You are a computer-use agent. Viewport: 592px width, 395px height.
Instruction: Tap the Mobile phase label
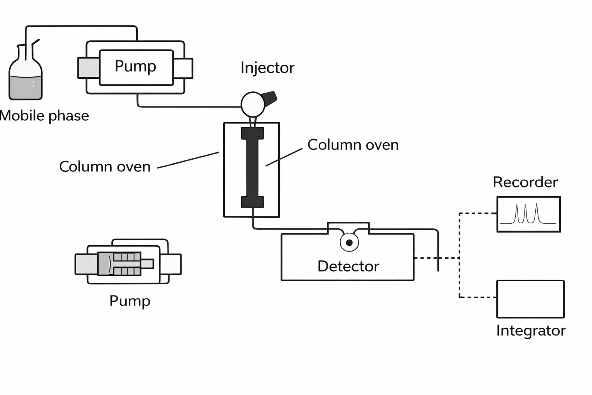(x=44, y=116)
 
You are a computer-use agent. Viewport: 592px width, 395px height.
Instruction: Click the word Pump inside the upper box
(x=135, y=66)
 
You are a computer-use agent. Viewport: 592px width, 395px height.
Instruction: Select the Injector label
(x=267, y=68)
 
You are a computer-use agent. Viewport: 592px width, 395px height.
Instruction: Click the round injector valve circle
(x=253, y=104)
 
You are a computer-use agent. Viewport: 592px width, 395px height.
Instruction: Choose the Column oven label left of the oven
(x=104, y=167)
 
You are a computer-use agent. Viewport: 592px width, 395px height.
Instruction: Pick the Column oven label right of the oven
(x=353, y=145)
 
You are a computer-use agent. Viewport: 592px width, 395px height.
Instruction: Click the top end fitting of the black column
(x=252, y=133)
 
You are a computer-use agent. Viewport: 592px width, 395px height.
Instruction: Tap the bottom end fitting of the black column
(x=252, y=202)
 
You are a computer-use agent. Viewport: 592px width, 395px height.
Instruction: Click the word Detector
(x=348, y=266)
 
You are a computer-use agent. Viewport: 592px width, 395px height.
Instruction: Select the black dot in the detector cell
(x=349, y=243)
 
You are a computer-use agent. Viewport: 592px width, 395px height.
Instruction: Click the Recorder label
(x=525, y=182)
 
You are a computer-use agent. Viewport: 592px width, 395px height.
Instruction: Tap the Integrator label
(x=530, y=331)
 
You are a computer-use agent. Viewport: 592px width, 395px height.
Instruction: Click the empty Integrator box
(x=530, y=299)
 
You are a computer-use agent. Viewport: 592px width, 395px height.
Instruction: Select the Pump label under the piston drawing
(x=129, y=301)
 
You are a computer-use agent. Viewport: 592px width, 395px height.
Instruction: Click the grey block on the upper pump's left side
(x=89, y=68)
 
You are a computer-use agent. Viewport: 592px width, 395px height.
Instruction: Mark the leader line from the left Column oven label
(x=188, y=160)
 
